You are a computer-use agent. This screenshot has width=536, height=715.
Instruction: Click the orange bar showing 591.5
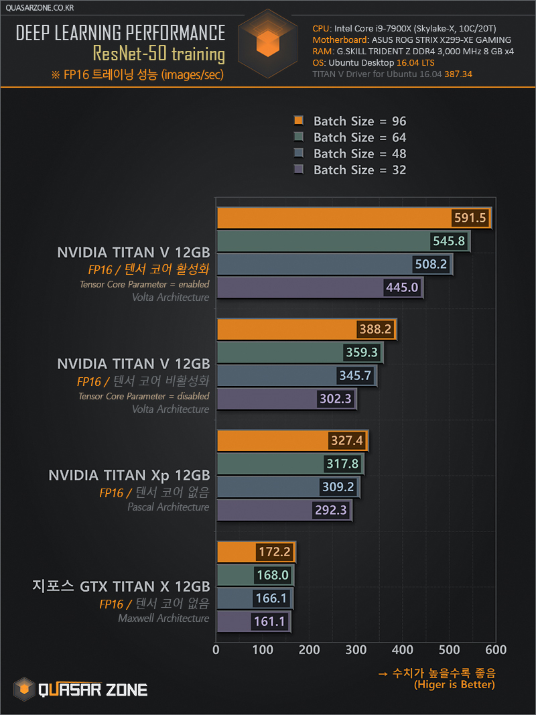click(335, 218)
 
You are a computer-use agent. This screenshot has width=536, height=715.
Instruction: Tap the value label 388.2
click(375, 330)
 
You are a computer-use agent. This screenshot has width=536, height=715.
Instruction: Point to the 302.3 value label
click(335, 399)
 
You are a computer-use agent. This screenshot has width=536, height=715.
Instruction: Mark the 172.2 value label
click(274, 553)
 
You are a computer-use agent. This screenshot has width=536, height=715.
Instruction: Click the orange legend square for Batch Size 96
click(299, 121)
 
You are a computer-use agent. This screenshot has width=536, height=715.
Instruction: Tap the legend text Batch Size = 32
click(360, 170)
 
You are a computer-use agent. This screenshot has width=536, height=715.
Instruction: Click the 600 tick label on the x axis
click(496, 650)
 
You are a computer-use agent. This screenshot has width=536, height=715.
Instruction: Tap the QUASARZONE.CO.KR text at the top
click(39, 8)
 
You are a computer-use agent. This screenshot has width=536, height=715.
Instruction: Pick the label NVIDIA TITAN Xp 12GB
click(129, 475)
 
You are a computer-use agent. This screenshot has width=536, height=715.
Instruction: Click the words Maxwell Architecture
click(163, 619)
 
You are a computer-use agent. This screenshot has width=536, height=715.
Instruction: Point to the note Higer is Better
click(454, 685)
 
